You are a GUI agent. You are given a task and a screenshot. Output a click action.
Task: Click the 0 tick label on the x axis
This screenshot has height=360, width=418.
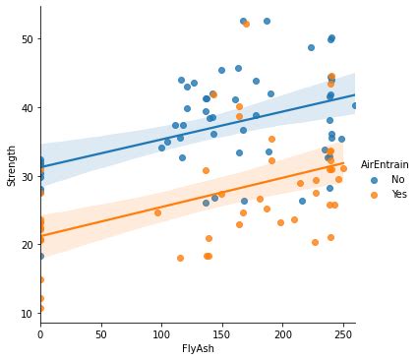click(40, 335)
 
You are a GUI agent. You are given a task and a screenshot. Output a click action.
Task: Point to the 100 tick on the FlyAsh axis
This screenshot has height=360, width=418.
click(161, 335)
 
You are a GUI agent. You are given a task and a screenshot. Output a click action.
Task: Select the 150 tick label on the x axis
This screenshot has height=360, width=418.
click(221, 335)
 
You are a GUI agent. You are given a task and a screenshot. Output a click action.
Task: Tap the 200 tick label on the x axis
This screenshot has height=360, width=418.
click(282, 335)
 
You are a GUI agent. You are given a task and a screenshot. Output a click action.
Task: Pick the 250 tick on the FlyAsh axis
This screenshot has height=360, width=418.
click(342, 335)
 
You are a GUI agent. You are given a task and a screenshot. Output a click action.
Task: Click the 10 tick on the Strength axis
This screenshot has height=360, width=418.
click(27, 313)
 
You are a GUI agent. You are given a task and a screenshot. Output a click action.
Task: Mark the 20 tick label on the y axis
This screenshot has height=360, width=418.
click(27, 244)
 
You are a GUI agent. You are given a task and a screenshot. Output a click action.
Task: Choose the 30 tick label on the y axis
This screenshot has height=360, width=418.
click(27, 176)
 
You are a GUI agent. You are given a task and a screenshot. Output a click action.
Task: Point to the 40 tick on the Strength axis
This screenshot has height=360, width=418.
click(27, 107)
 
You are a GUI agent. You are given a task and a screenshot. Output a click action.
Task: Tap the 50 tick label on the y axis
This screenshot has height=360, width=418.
click(27, 39)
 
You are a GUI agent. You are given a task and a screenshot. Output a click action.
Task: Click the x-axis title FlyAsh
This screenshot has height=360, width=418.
click(198, 349)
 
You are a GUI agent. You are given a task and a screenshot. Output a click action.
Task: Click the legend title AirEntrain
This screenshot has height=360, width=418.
click(385, 164)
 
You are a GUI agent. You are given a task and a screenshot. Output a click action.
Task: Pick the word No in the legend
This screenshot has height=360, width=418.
click(397, 180)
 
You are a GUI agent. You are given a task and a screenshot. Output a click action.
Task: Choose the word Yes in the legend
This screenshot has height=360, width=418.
click(399, 195)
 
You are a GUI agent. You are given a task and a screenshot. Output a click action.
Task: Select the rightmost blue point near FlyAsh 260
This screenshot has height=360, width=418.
click(354, 105)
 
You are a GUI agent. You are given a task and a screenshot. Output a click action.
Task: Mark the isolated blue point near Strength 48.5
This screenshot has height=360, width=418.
click(311, 47)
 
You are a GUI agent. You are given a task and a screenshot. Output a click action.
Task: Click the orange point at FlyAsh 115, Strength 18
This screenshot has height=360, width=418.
click(180, 258)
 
